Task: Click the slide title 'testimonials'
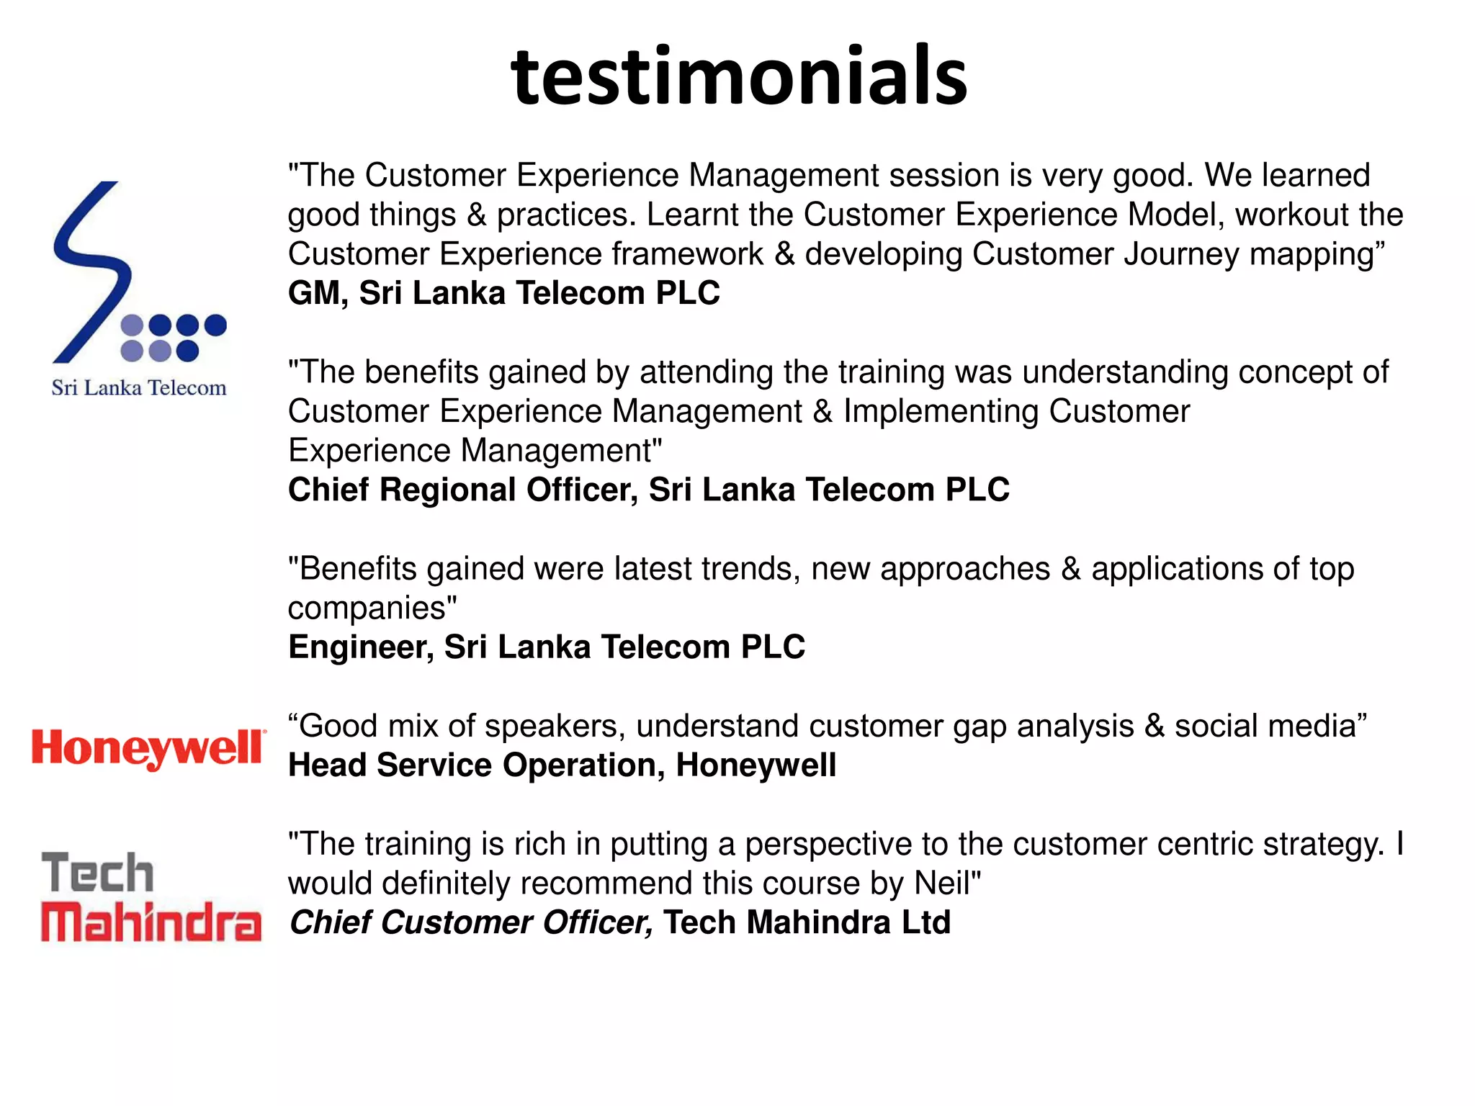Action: point(739,76)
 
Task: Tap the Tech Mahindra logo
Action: point(151,896)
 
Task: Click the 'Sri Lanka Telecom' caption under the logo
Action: point(139,388)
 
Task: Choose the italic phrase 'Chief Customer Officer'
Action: point(471,922)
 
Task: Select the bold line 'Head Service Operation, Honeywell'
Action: point(562,765)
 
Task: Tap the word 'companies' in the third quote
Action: point(367,608)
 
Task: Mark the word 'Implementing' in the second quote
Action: point(941,411)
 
